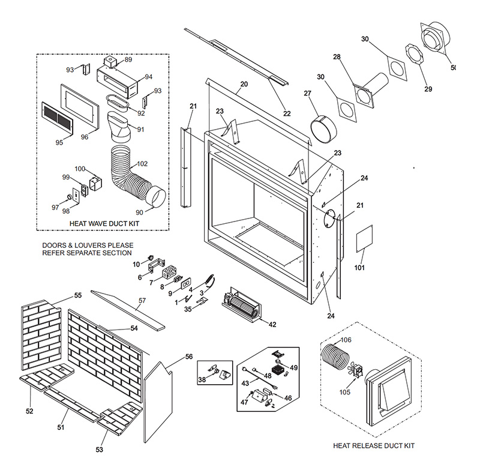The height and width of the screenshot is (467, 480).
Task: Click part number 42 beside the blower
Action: point(272,325)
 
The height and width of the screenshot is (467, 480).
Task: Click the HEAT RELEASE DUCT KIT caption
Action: point(373,446)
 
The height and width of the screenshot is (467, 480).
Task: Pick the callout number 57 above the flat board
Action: point(142,300)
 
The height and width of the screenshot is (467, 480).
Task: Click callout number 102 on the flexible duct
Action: point(142,163)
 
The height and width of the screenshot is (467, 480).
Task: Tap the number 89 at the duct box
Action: point(128,60)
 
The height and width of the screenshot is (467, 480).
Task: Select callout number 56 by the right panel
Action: point(188,357)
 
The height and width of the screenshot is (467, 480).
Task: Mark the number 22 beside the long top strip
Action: point(287,114)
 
